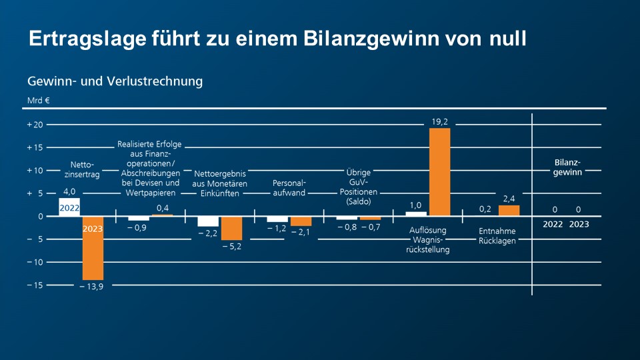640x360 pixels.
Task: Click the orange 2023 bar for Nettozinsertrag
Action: point(93,248)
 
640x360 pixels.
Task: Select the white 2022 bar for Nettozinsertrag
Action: point(69,207)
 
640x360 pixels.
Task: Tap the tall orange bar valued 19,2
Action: point(439,171)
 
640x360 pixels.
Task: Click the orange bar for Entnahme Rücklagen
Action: point(509,210)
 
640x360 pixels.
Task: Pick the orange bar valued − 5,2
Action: point(231,228)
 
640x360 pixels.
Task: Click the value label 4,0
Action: point(69,192)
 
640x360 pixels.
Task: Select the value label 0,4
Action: point(162,208)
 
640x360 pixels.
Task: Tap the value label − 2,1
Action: point(301,231)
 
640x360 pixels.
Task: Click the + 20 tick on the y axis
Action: point(35,125)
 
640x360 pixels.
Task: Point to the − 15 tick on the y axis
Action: point(35,285)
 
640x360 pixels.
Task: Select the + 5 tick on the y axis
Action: point(35,193)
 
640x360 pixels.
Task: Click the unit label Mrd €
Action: point(39,101)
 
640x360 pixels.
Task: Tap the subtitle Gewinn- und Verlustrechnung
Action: point(115,81)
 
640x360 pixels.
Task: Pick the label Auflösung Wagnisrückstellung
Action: point(427,240)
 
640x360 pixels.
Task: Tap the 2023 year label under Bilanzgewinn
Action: point(579,225)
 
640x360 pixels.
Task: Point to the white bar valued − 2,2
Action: point(208,221)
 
